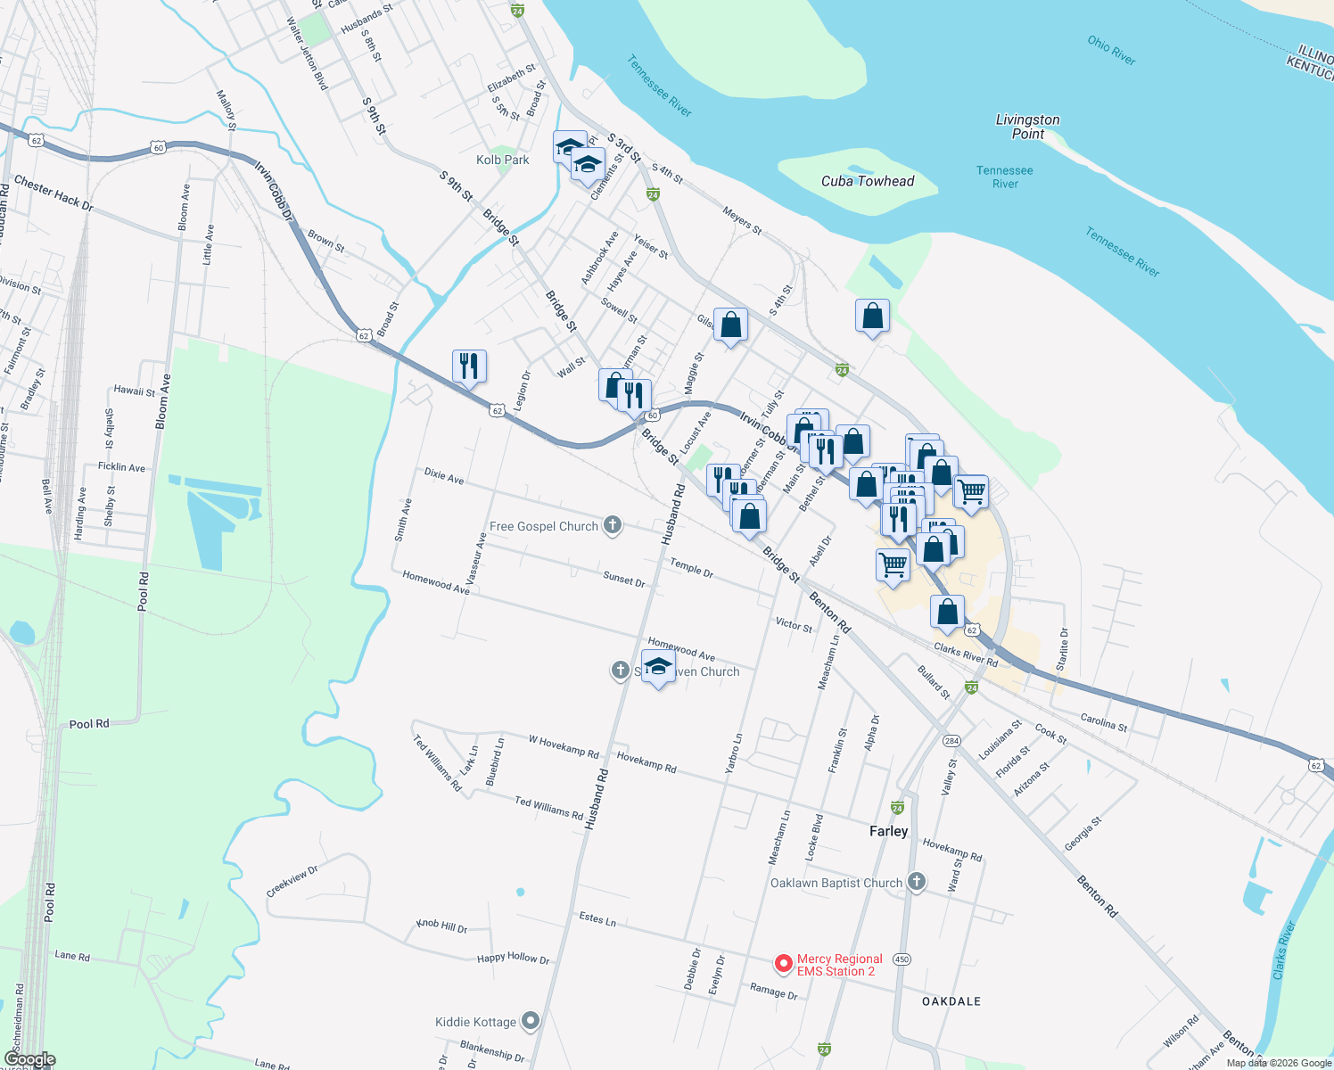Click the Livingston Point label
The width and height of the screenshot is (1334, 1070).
tap(1027, 127)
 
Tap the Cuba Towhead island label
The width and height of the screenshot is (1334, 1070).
tap(868, 181)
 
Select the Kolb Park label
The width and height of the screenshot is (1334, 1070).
tap(503, 160)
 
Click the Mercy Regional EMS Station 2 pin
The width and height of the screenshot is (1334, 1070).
tap(784, 964)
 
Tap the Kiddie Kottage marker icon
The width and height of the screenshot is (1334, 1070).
tap(531, 1021)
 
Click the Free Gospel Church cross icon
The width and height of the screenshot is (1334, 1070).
tap(613, 525)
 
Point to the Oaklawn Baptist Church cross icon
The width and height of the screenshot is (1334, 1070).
tap(916, 883)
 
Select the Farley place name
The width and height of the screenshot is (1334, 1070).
tap(888, 831)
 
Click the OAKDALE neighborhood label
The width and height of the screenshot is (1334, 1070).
tap(951, 1001)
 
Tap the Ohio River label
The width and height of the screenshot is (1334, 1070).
tap(1111, 50)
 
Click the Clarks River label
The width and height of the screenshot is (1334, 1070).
tap(1284, 951)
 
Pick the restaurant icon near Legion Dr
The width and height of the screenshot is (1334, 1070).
tap(469, 366)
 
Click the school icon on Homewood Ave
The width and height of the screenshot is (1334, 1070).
tap(658, 666)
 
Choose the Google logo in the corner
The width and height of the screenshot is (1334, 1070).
tap(29, 1059)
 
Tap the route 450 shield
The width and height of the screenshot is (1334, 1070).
tap(902, 959)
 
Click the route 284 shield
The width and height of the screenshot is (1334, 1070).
tap(952, 741)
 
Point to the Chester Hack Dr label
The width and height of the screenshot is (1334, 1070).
tap(54, 193)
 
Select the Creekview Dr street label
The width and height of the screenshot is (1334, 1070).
tap(292, 881)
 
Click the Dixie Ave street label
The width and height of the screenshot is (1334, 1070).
tap(444, 476)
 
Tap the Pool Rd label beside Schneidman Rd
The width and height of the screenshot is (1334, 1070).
tap(50, 901)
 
